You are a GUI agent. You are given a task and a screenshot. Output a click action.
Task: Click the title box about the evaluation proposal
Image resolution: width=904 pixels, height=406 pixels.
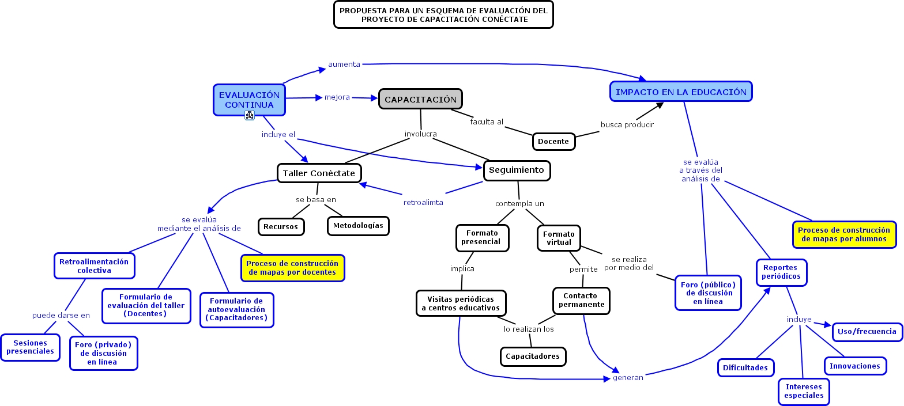coord(443,15)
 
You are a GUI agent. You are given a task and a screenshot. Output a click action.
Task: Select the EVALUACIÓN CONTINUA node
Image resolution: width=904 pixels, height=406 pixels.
coord(249,100)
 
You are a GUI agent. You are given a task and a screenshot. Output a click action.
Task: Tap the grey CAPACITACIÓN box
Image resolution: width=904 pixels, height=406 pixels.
coord(420,99)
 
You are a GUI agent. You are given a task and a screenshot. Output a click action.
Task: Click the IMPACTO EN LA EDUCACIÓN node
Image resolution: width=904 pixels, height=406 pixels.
coord(681,92)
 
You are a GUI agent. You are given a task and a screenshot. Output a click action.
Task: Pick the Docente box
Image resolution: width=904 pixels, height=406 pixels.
coord(553,141)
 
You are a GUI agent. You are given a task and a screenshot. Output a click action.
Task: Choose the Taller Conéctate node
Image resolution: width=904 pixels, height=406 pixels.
coord(319,173)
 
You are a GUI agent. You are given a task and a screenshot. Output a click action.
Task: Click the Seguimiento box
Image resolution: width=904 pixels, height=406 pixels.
coord(516,170)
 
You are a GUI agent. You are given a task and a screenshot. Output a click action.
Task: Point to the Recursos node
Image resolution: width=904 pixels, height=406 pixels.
coord(281,226)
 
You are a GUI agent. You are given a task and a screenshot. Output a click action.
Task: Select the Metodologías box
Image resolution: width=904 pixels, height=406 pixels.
coord(358,226)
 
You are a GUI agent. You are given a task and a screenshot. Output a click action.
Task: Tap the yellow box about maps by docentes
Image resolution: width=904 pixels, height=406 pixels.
coord(292,268)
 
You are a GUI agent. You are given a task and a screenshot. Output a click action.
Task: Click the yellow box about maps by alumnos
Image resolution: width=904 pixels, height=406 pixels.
coord(844,234)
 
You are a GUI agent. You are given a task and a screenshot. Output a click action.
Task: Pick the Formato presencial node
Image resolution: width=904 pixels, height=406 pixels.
coord(482,238)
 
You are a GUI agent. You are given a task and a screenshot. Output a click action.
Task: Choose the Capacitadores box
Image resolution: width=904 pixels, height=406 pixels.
coord(533,356)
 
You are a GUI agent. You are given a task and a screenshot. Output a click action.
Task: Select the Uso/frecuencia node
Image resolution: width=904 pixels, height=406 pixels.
coord(867,332)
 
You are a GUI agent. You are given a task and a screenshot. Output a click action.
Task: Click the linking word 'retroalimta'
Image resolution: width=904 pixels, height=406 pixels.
coord(423,202)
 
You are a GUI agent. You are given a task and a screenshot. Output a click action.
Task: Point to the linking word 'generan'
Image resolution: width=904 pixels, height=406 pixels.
coord(628,378)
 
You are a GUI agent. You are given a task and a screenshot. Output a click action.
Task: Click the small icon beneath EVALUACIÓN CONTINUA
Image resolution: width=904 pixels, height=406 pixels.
coord(250,115)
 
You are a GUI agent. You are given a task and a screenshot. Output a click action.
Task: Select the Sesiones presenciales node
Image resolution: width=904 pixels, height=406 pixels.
coord(30,347)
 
